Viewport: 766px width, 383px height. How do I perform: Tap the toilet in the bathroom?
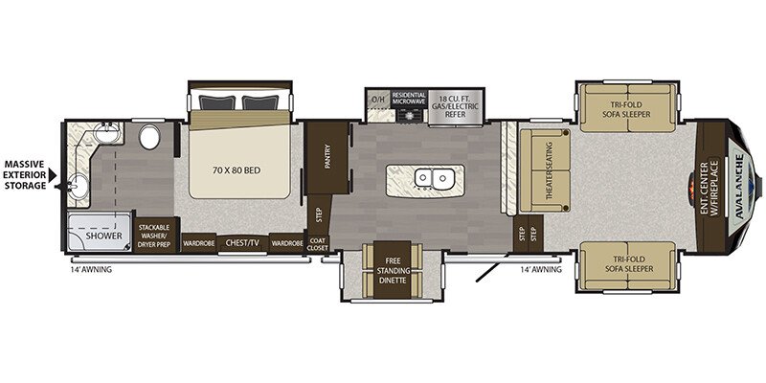click(x=149, y=138)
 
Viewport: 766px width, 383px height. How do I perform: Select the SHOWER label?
click(x=101, y=234)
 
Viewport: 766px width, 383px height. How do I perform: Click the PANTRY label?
click(x=327, y=155)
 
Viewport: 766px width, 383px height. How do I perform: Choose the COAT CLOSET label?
click(x=319, y=244)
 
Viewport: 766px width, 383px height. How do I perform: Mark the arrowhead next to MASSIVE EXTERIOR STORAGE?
click(x=55, y=174)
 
